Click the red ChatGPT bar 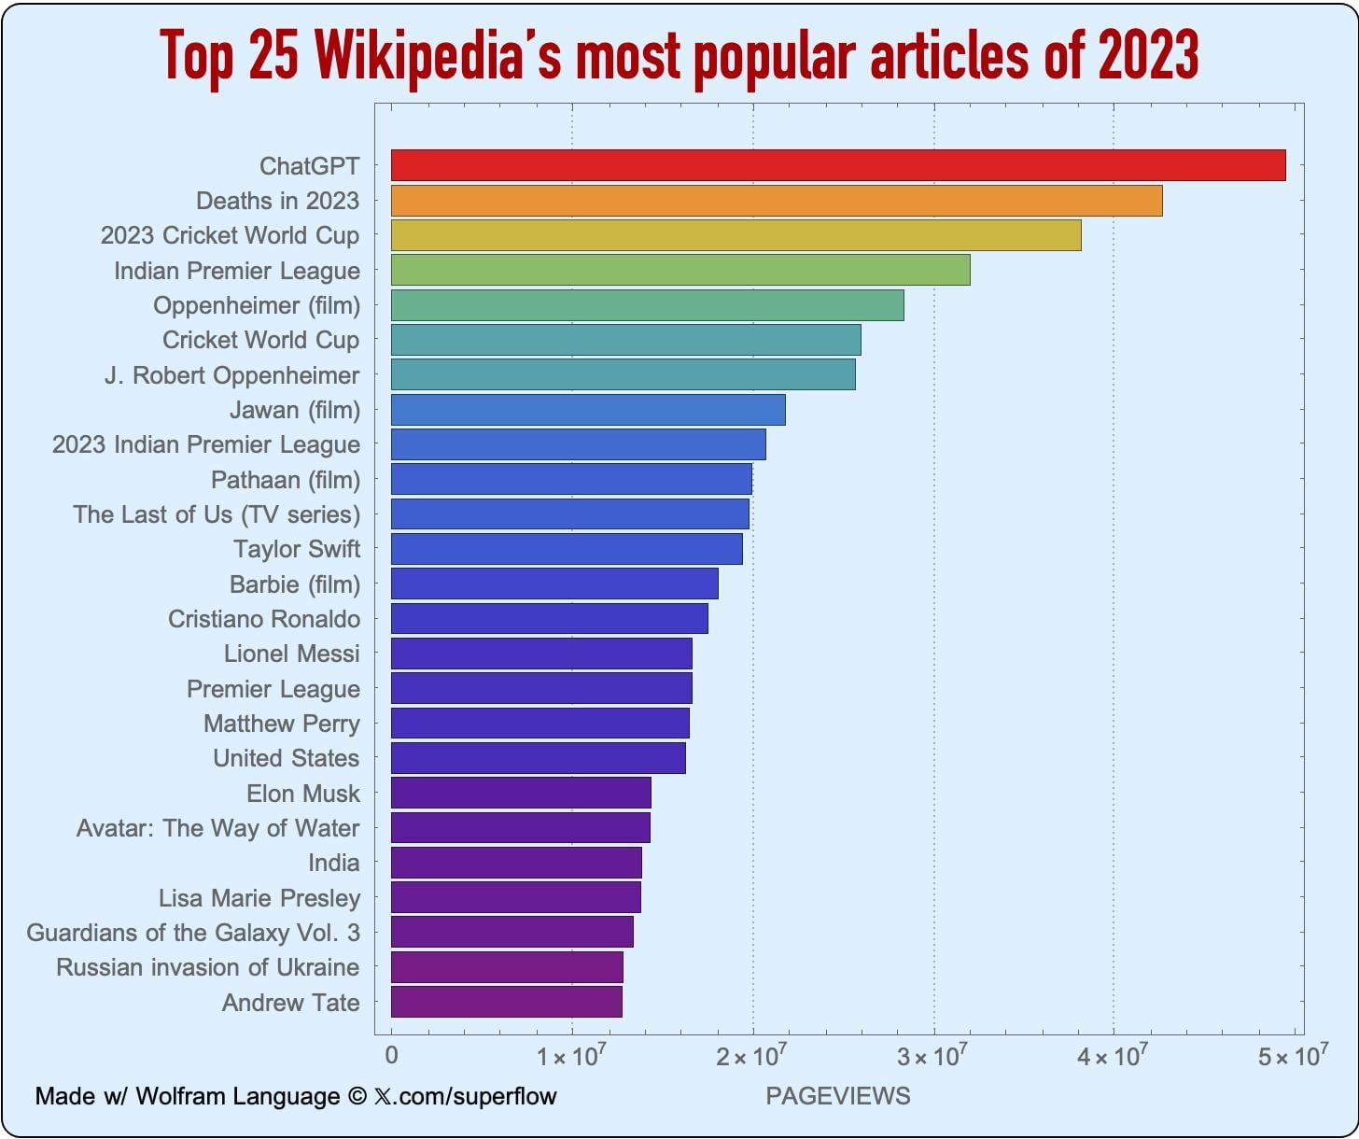[837, 165]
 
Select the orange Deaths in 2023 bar [776, 201]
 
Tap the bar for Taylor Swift [567, 549]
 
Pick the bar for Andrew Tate [506, 1002]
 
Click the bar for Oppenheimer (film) [647, 305]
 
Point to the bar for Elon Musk [521, 793]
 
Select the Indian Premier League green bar [679, 270]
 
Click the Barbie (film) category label [294, 584]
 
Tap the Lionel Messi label [291, 654]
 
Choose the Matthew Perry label [281, 724]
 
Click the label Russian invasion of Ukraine [207, 967]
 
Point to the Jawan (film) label [294, 410]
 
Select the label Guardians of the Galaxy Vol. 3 [192, 933]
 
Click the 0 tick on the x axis [391, 1056]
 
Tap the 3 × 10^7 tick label [932, 1056]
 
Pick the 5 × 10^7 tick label [1293, 1056]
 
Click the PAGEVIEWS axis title [837, 1096]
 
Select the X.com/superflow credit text [465, 1096]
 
